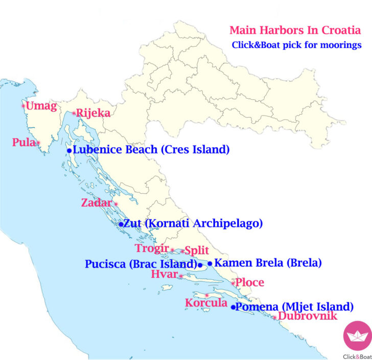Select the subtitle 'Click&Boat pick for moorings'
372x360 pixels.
(296, 45)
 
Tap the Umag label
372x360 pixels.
(41, 106)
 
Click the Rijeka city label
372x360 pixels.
(93, 112)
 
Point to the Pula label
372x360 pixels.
(24, 142)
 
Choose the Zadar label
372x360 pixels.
(96, 203)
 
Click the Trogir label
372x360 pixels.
(152, 249)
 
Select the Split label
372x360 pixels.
(197, 251)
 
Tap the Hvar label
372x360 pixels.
(164, 275)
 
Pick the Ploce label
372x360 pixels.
(250, 282)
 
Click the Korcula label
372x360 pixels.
(206, 303)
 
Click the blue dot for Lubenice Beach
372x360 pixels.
(69, 151)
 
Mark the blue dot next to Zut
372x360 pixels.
(121, 224)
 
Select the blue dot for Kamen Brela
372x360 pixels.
(210, 264)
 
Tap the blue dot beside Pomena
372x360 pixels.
(234, 307)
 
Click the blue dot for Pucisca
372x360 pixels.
(200, 265)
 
